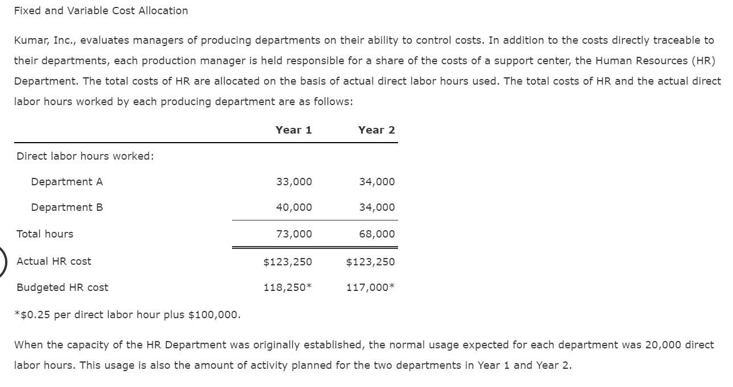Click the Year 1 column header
[x=293, y=130]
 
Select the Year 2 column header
[x=376, y=130]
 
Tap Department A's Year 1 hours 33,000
[x=293, y=182]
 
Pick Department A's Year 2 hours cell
[x=376, y=182]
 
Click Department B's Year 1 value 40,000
[x=293, y=207]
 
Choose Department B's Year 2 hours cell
[x=376, y=207]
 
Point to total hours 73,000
[x=293, y=234]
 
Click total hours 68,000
[x=376, y=234]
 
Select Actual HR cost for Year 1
[x=288, y=262]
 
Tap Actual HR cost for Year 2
[x=370, y=262]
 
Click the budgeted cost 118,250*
[x=288, y=288]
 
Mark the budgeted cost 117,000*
[x=370, y=288]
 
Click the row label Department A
[x=67, y=182]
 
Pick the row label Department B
[x=67, y=207]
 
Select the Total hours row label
[x=45, y=234]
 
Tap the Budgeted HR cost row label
[x=63, y=288]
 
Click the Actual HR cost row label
[x=54, y=261]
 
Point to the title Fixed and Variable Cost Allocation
[x=101, y=11]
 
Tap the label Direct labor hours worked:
[x=85, y=156]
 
